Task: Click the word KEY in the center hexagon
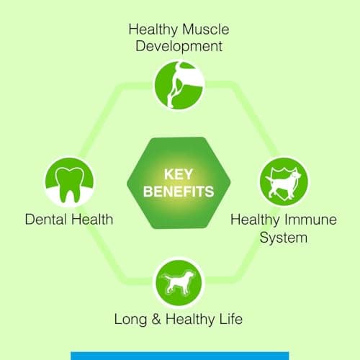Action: (179, 174)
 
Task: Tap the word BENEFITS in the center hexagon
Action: (179, 192)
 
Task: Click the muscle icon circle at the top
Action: (179, 84)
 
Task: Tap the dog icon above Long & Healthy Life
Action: (179, 283)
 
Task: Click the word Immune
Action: (310, 219)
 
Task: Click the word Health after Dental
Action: (91, 219)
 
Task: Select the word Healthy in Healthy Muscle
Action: (153, 30)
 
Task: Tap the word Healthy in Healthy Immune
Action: (255, 219)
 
